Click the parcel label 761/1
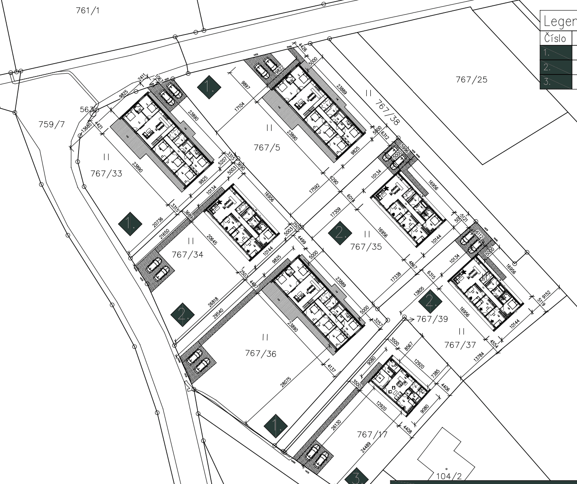[x=88, y=10]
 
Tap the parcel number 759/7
[x=52, y=124]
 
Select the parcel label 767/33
[x=106, y=173]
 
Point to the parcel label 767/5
[x=267, y=147]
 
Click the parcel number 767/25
[x=471, y=79]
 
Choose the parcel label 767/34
[x=187, y=254]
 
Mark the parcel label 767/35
[x=366, y=247]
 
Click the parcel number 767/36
[x=261, y=353]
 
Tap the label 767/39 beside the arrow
[x=432, y=319]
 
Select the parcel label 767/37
[x=460, y=345]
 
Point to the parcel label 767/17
[x=372, y=435]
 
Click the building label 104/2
[x=449, y=476]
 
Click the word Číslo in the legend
[x=555, y=39]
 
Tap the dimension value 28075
[x=286, y=382]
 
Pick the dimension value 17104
[x=239, y=106]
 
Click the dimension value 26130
[x=336, y=428]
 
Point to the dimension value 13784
[x=479, y=357]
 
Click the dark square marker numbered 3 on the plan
[x=356, y=477]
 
